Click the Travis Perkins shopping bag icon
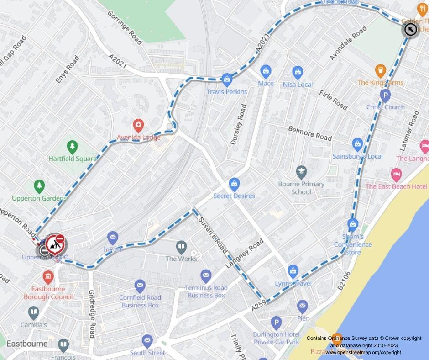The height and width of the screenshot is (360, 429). coord(227,80)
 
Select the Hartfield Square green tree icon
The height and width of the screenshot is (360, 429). coord(72,147)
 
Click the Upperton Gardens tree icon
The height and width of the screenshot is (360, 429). coord(39,186)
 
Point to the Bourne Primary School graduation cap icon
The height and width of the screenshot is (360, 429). coord(301,172)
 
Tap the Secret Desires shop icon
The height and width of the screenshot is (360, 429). coord(234,184)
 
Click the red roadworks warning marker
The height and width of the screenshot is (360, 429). coord(55,243)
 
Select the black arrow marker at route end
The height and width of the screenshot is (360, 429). coord(410,30)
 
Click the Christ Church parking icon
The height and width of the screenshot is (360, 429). coord(385,95)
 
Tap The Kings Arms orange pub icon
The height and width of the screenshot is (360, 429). coord(380,71)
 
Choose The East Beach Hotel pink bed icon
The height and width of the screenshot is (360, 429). coord(396,175)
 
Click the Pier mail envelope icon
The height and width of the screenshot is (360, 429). coord(302,307)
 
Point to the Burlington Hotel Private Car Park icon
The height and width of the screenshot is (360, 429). coord(276,323)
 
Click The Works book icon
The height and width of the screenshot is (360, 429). coord(181,247)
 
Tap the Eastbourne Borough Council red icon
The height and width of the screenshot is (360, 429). coord(48,277)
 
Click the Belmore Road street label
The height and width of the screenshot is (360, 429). coord(310,133)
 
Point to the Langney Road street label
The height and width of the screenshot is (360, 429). coord(244,253)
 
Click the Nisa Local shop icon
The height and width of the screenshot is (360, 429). coord(298,73)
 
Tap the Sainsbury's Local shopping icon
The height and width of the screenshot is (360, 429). coord(357,145)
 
